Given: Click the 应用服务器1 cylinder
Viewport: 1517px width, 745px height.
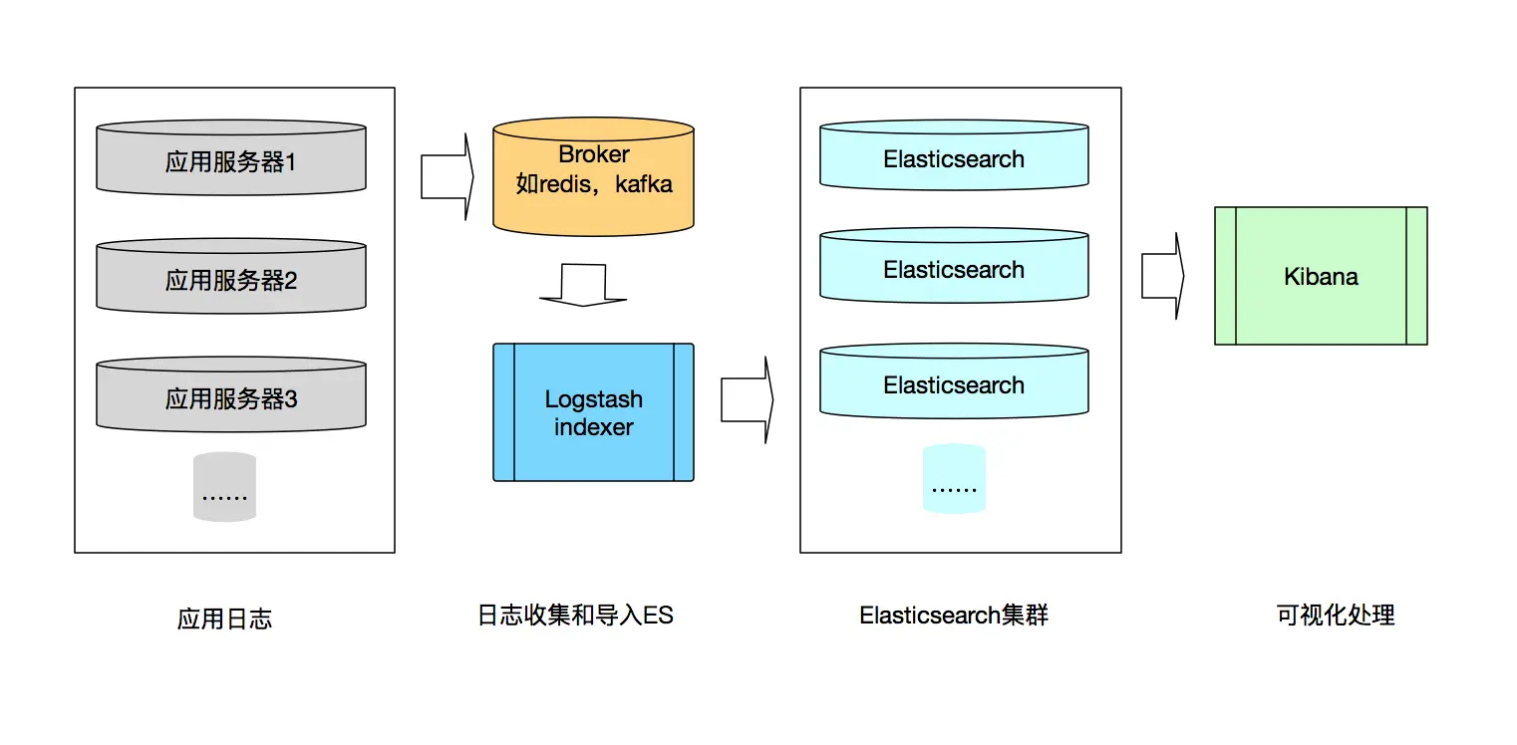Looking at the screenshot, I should (x=231, y=159).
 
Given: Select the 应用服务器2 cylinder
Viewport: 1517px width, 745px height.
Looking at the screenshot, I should (x=231, y=279).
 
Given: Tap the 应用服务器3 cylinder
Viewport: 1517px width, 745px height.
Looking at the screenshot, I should (x=231, y=397).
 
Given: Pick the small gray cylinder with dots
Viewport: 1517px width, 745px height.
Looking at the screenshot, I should (x=224, y=488).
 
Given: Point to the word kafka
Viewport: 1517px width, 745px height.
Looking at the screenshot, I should (x=644, y=184).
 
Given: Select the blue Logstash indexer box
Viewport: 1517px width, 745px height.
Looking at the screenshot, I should (x=593, y=412).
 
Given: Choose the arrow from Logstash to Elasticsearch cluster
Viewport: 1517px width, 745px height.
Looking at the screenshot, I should (x=747, y=400).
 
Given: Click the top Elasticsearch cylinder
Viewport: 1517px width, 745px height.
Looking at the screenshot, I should (x=954, y=157).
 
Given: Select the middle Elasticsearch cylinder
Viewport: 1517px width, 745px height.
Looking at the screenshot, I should (x=954, y=267).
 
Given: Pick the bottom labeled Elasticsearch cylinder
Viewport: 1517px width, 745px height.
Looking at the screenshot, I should (x=954, y=382).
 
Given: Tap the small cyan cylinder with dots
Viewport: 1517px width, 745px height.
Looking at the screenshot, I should (x=954, y=480).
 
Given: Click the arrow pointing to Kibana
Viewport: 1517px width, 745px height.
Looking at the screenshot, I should (x=1162, y=276).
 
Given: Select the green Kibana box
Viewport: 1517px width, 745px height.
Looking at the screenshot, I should (x=1321, y=276).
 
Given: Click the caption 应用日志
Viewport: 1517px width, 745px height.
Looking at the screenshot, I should (x=224, y=619).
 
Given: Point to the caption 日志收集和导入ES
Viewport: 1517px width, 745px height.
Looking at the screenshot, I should (x=575, y=616).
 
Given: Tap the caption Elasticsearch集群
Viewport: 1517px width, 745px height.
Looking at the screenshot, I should (x=954, y=616).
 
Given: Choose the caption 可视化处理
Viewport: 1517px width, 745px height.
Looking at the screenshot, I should (x=1335, y=616).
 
